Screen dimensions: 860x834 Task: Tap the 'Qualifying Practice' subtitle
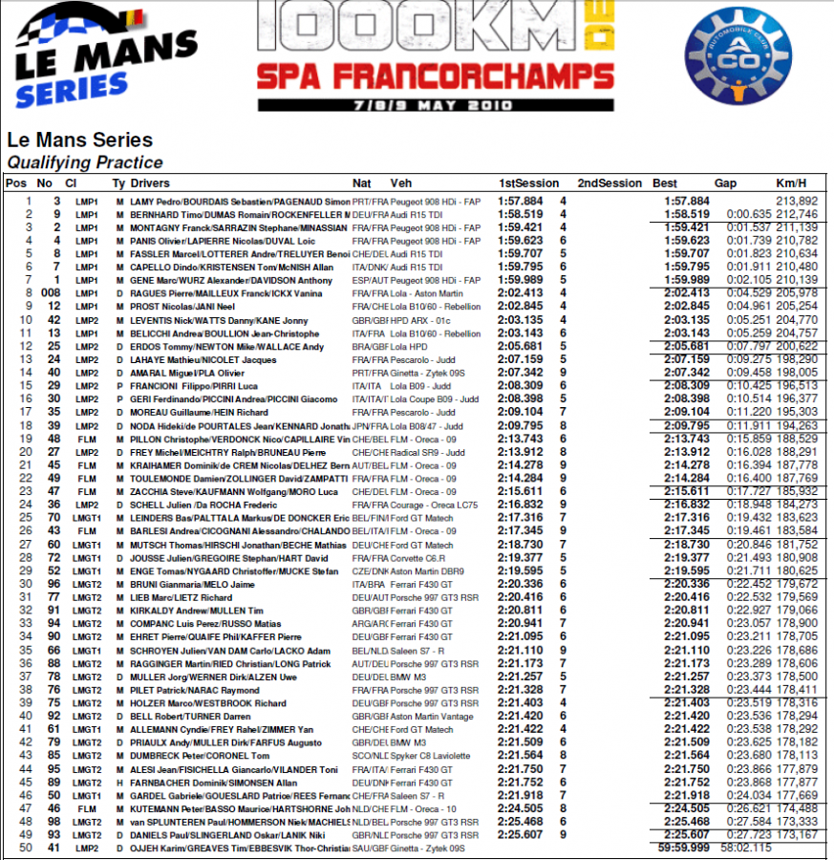click(x=85, y=162)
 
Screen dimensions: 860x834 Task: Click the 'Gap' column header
click(x=726, y=183)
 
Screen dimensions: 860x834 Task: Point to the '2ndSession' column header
click(x=609, y=183)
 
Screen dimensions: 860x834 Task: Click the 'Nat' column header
click(x=362, y=183)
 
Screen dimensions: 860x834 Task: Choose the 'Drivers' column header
click(x=150, y=183)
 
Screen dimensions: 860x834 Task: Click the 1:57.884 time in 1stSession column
click(x=521, y=202)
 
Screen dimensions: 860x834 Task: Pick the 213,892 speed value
click(x=797, y=202)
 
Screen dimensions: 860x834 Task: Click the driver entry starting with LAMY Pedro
click(x=240, y=202)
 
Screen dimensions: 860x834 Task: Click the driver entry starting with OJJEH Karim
click(x=240, y=846)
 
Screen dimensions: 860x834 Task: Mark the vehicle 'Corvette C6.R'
click(x=420, y=557)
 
